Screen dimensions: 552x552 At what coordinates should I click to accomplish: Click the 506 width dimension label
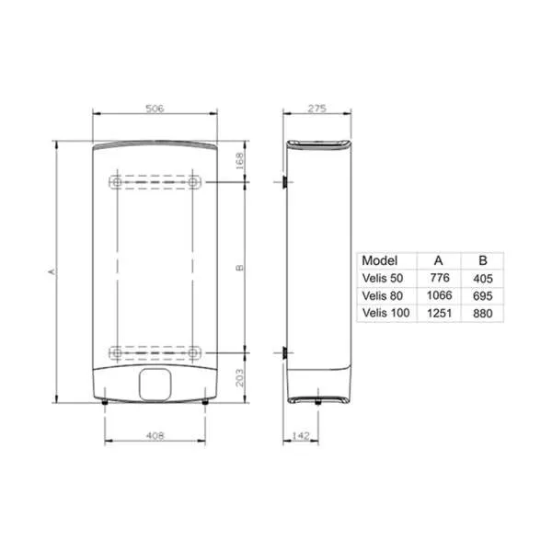click(x=155, y=109)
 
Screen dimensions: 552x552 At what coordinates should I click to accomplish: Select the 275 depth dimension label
click(x=317, y=109)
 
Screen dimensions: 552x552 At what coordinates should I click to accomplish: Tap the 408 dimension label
click(x=155, y=436)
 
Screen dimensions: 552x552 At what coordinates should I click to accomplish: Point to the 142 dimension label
click(x=301, y=436)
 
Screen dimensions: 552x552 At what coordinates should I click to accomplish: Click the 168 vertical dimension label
click(x=239, y=161)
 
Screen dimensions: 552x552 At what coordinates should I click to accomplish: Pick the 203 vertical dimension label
click(x=239, y=378)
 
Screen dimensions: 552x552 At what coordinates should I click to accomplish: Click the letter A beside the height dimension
click(x=52, y=271)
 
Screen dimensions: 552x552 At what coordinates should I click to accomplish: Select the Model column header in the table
click(x=379, y=260)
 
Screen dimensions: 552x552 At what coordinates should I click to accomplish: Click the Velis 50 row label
click(x=383, y=278)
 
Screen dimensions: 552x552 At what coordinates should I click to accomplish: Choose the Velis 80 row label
click(x=383, y=295)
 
